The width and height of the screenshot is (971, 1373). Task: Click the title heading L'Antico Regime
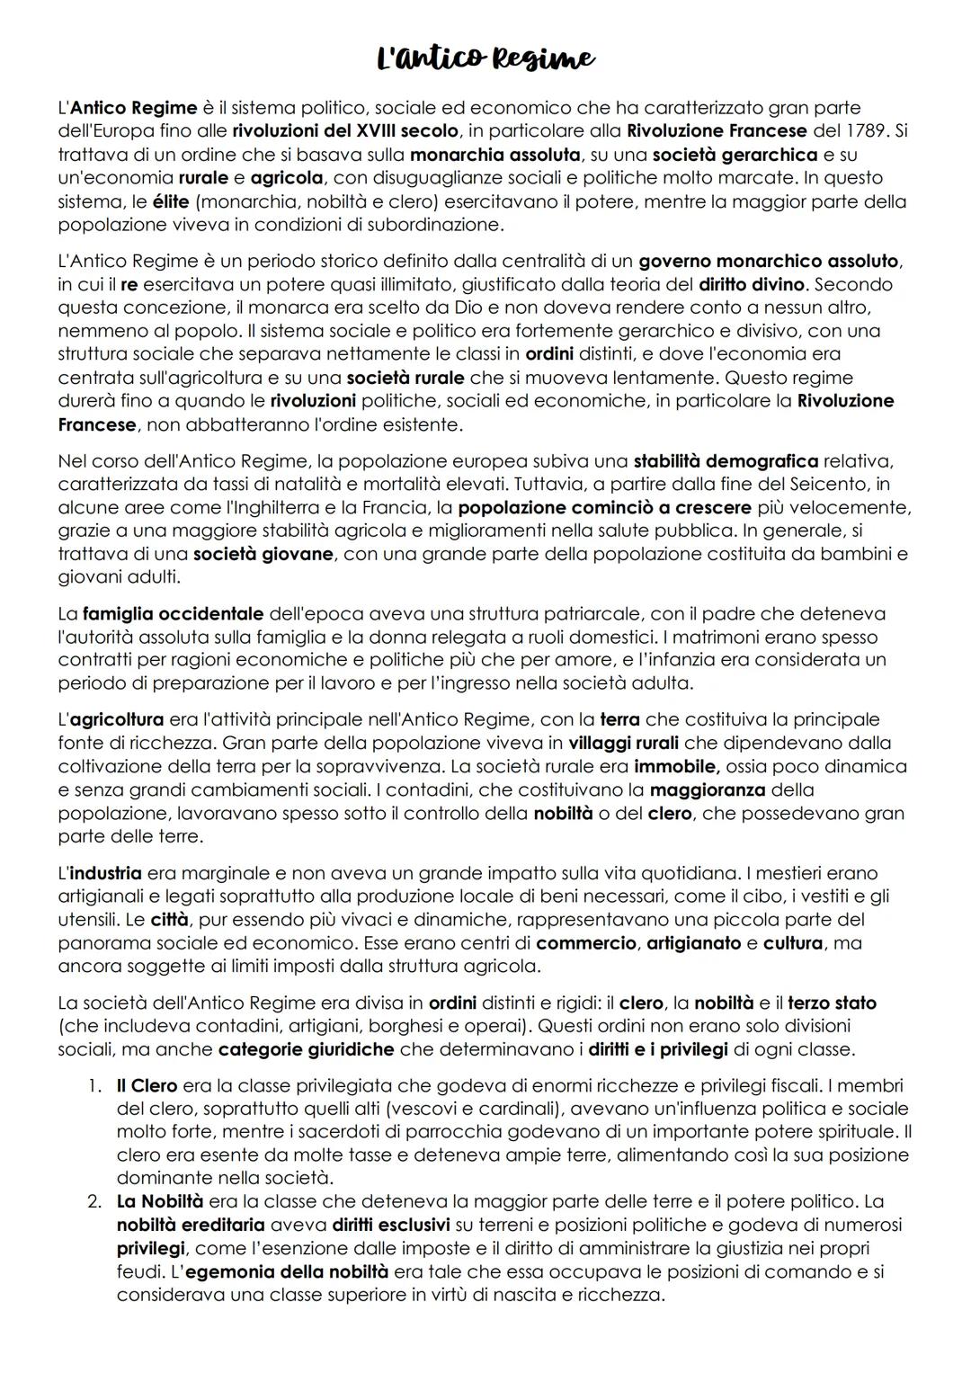point(485,58)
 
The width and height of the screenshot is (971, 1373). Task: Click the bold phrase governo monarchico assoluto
point(769,262)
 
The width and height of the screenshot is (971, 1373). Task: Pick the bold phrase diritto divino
point(753,285)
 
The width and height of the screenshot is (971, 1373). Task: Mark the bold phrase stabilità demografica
point(726,461)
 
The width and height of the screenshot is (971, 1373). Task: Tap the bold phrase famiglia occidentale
point(173,614)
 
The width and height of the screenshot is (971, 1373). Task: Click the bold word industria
point(105,873)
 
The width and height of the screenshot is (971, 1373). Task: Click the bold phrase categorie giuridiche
point(306,1049)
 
